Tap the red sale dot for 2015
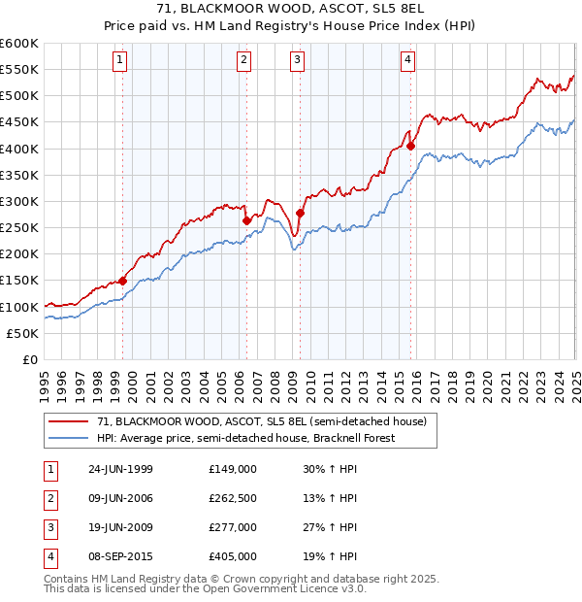410,146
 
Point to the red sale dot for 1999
123,281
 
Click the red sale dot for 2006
246,220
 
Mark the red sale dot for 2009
300,213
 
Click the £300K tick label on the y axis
19,201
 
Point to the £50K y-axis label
23,333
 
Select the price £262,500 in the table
232,498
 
